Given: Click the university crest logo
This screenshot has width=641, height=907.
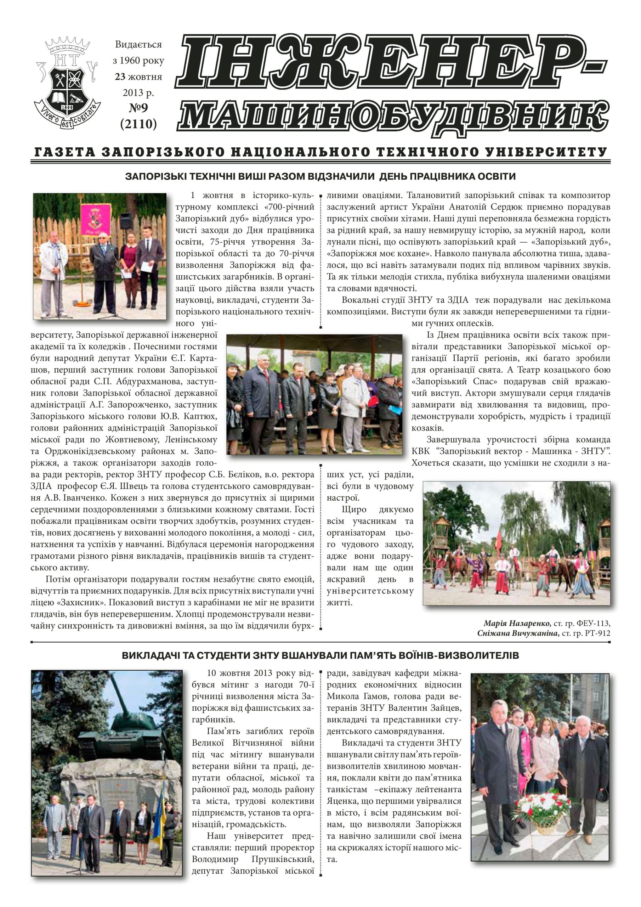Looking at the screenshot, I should (x=68, y=79).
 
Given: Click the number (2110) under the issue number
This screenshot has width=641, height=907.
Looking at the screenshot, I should (x=138, y=124).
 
